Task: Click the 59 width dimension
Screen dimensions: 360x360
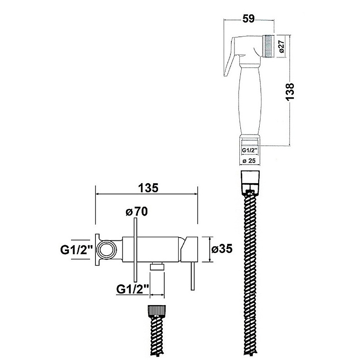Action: (249, 19)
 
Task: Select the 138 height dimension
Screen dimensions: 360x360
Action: (290, 91)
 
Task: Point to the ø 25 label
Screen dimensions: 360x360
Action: (249, 161)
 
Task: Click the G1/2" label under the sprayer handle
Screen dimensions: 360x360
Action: (249, 150)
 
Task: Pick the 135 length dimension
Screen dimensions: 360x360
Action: (148, 188)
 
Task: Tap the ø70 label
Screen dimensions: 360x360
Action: (137, 211)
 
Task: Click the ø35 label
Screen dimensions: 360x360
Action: (222, 249)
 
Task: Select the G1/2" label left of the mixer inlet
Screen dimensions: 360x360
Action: (76, 250)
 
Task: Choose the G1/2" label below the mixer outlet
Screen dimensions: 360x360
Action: (133, 289)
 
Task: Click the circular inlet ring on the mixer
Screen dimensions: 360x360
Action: (106, 249)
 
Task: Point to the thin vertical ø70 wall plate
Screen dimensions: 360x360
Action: (135, 250)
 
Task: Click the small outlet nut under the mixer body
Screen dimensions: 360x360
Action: (157, 266)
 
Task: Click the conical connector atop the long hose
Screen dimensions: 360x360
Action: (250, 181)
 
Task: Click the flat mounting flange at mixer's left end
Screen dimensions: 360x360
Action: (97, 250)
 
